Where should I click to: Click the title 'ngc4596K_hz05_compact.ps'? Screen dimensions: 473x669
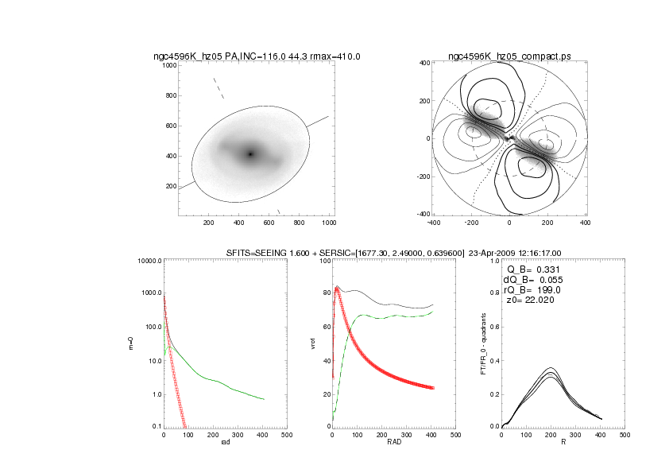click(x=509, y=56)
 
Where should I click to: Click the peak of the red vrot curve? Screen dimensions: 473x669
click(x=337, y=289)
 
